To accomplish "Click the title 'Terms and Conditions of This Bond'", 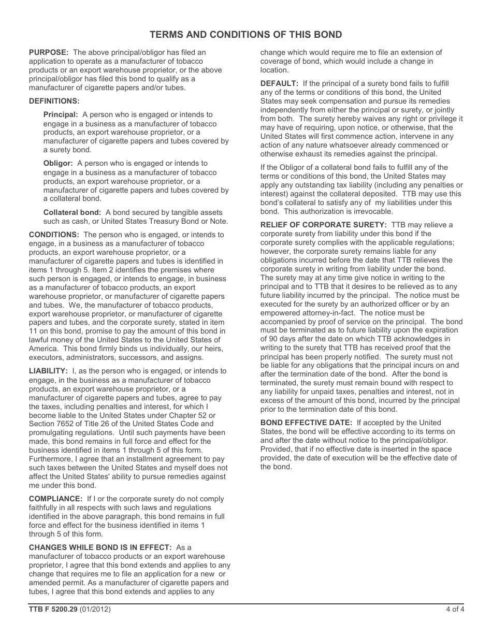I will [245, 35].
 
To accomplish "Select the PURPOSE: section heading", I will [49, 52].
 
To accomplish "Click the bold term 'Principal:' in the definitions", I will [61, 114].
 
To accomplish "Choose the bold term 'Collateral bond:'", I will [73, 212].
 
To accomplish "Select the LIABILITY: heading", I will [48, 371].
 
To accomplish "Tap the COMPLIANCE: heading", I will [55, 499].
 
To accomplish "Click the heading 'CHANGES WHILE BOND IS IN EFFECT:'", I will [100, 547].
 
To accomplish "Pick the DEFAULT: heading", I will [279, 83].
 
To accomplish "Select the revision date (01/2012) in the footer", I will [95, 610].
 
